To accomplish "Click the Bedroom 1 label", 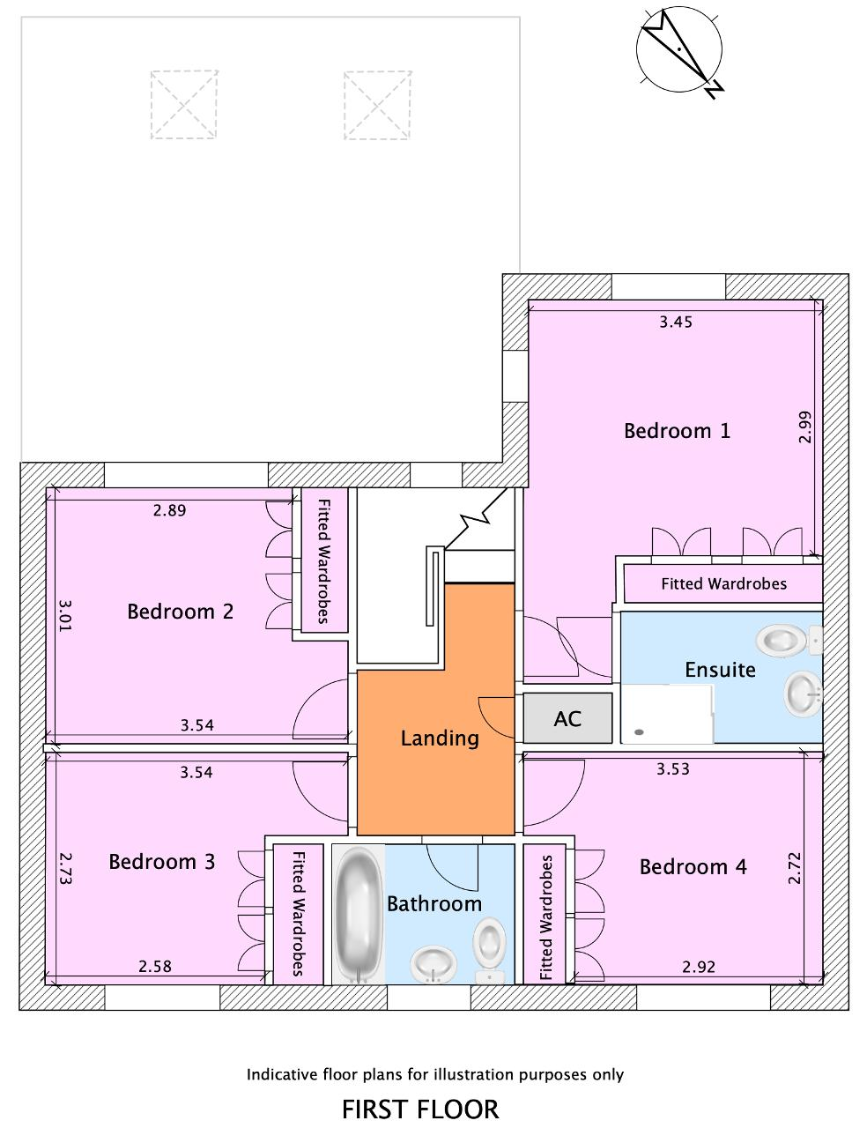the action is (677, 431).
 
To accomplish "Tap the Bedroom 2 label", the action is (180, 612).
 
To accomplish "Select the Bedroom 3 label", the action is (162, 862).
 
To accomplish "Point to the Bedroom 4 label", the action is (693, 867).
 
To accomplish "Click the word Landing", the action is (440, 738).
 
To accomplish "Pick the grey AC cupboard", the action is (567, 718).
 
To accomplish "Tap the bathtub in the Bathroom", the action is (358, 915).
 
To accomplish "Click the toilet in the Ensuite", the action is (789, 641).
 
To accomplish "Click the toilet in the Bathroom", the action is (489, 950).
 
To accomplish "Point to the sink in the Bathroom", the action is (433, 963).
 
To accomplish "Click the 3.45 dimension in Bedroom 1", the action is (676, 322).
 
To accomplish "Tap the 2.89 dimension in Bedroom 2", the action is (170, 510).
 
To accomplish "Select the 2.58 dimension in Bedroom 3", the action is (154, 967).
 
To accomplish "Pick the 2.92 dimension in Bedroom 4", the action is (699, 967).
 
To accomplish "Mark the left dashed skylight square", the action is (184, 104).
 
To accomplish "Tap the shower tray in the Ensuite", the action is (667, 714).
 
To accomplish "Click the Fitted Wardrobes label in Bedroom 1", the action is (723, 584).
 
